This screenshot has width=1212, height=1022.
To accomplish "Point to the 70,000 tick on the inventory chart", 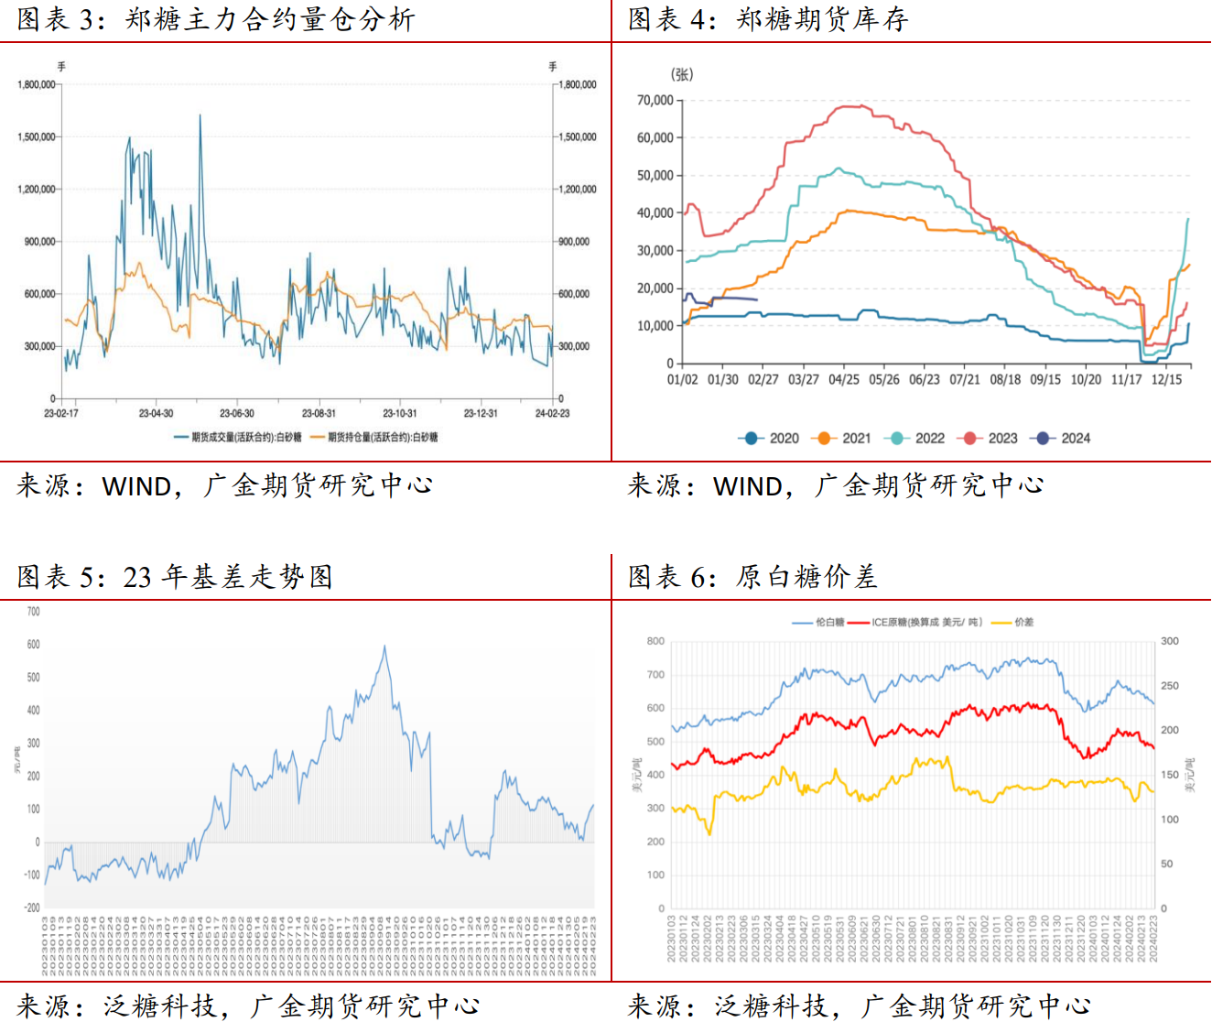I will tap(655, 100).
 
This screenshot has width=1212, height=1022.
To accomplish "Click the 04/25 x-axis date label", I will tap(844, 379).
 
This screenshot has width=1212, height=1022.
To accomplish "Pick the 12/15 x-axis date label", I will tap(1166, 379).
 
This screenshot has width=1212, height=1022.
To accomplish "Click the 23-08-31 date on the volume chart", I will tap(319, 413).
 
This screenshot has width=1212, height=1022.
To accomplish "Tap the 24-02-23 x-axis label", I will tap(552, 413).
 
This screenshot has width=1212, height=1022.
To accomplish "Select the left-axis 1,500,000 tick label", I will tap(37, 137).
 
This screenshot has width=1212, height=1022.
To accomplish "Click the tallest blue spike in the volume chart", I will tap(200, 116).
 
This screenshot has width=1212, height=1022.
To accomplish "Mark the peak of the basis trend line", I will tap(384, 647).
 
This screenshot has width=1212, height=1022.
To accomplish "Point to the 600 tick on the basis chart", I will tap(34, 645).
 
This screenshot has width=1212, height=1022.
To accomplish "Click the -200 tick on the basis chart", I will tap(32, 908).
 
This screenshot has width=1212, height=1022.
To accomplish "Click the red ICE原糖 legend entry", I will tap(915, 623).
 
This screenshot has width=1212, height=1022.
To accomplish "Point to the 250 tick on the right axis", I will tap(1169, 686).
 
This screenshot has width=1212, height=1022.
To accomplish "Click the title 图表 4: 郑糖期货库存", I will tap(767, 19).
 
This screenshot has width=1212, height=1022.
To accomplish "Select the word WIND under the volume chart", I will tap(135, 485).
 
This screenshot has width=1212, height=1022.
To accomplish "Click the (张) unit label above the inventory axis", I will tap(682, 74).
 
